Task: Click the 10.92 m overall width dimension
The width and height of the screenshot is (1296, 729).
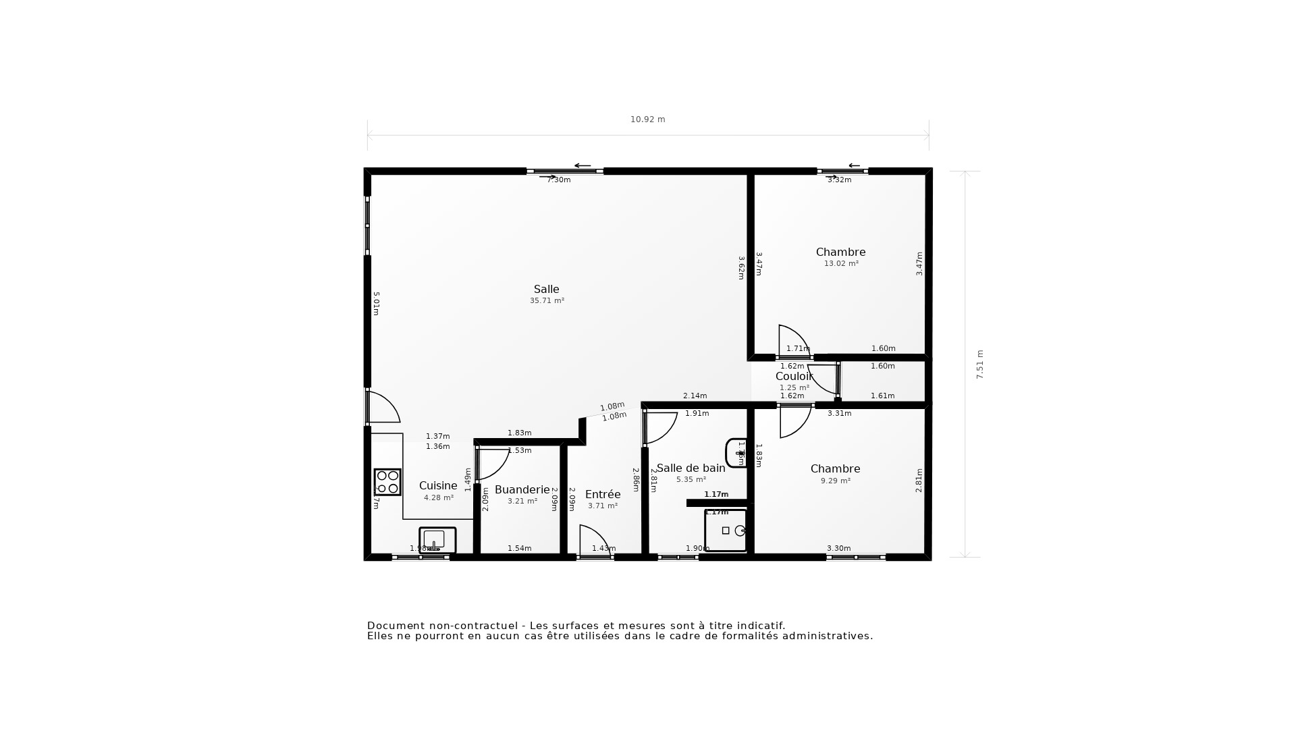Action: pos(647,119)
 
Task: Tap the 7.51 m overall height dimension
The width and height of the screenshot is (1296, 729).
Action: pos(980,364)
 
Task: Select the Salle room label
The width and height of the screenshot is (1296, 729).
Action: pos(546,289)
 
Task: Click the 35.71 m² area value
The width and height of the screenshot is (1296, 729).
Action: pos(547,301)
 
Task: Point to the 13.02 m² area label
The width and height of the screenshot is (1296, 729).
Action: pos(841,264)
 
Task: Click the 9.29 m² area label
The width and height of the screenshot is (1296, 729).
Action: pos(836,481)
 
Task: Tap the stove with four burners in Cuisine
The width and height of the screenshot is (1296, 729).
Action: pos(387,482)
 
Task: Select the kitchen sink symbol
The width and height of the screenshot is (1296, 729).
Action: pos(437,540)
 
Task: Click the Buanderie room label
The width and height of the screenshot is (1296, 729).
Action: pos(522,489)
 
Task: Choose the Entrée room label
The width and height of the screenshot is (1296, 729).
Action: pos(602,494)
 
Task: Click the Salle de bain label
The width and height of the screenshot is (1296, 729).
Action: pos(691,468)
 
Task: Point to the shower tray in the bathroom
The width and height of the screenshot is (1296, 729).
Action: pos(726,531)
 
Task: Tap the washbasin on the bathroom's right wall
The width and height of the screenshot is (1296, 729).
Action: pos(735,453)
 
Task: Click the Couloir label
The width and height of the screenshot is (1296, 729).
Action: pos(794,376)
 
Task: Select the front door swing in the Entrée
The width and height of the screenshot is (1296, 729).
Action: pos(594,540)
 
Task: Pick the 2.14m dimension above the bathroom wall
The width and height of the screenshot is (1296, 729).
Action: pos(695,396)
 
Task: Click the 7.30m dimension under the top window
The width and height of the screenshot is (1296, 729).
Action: pos(558,180)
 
